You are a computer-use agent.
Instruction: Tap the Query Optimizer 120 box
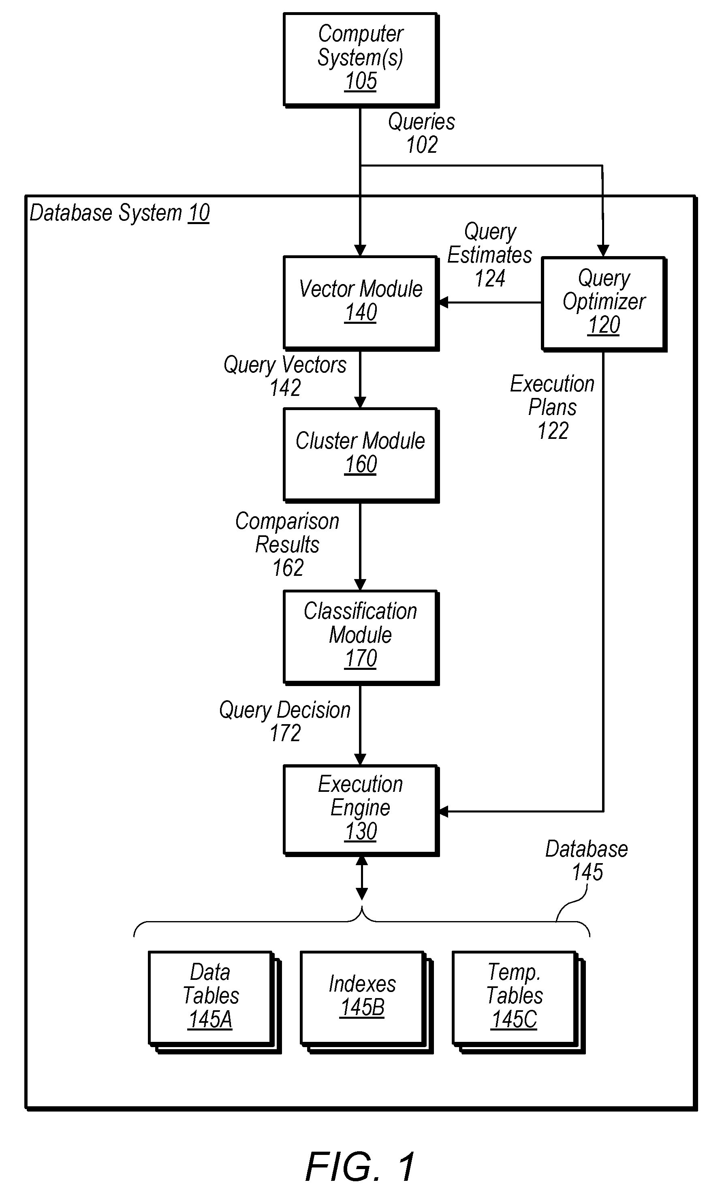pos(604,304)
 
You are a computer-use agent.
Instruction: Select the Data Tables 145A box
pos(214,1002)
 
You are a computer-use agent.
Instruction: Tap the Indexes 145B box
pos(367,1002)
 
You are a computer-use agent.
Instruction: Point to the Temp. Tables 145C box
pos(519,1002)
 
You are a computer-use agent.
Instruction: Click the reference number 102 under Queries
pos(422,145)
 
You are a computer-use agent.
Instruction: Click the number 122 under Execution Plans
pos(553,430)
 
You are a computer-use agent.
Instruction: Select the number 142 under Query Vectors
pos(285,387)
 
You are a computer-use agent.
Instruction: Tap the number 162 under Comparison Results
pos(288,567)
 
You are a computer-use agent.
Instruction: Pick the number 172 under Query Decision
pos(285,733)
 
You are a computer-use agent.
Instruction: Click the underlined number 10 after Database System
pos(199,213)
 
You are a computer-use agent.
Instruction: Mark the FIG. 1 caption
pos(361,1167)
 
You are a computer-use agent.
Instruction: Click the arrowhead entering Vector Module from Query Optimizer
pos(442,303)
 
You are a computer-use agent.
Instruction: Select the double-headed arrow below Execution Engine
pos(361,878)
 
